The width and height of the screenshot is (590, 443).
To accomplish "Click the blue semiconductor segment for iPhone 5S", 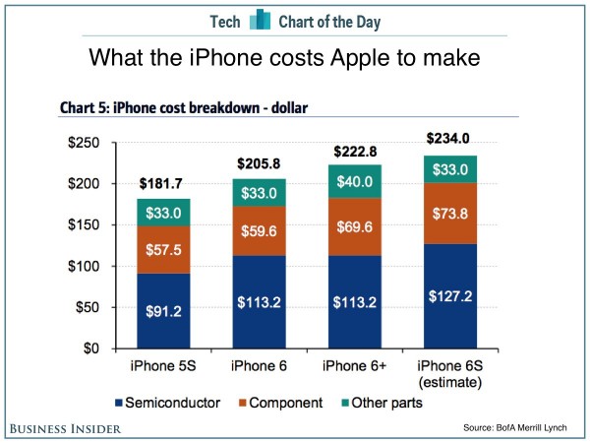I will [x=163, y=310].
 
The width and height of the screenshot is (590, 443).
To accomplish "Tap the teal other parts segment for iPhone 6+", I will [x=353, y=181].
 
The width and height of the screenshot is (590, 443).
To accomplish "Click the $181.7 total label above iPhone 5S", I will [x=163, y=184].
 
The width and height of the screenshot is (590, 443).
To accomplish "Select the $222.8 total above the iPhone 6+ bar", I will [x=353, y=151].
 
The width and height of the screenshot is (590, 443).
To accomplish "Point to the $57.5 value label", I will [x=163, y=250].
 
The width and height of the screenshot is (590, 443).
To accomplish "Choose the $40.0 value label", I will [x=353, y=182].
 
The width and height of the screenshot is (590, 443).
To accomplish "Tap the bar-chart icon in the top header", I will [x=259, y=20].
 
